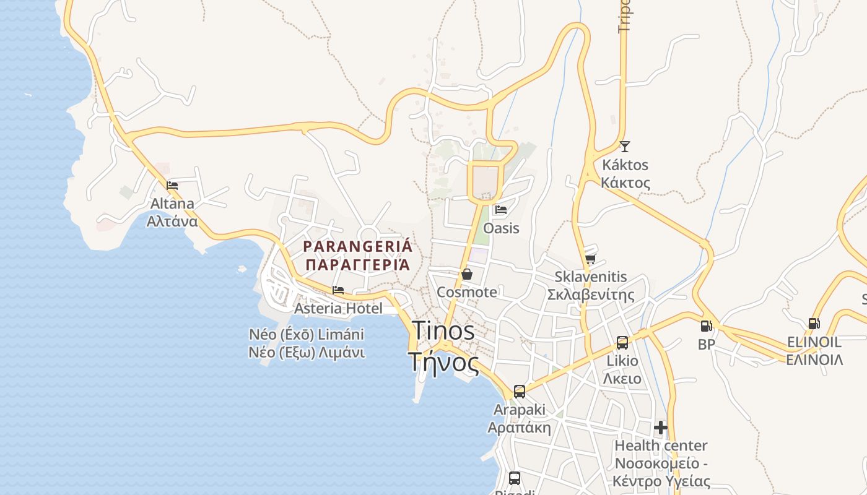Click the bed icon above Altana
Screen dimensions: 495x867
[x=172, y=185]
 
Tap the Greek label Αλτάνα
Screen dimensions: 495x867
[x=172, y=221]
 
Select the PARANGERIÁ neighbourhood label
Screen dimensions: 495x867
[x=357, y=246]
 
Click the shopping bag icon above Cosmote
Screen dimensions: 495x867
[x=467, y=274]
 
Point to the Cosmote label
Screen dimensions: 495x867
[x=467, y=292]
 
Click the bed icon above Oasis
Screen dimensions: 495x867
[x=501, y=210]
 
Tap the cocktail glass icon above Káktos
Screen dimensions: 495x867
[x=625, y=147]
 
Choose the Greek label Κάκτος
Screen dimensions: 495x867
[x=625, y=183]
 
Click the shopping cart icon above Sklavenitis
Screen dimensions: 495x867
[x=590, y=259]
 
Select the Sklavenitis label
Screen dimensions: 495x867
[x=590, y=277]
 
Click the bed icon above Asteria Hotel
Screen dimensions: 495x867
[x=338, y=290]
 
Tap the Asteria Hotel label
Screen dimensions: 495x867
[x=338, y=308]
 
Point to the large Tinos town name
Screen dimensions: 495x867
[x=443, y=330]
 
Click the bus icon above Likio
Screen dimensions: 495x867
[x=622, y=343]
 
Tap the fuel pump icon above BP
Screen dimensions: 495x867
[x=706, y=326]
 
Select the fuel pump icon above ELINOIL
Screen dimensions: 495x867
[x=814, y=324]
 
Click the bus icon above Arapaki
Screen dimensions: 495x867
[x=519, y=392]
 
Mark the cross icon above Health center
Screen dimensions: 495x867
[x=661, y=428]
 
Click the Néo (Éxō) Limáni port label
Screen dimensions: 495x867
[x=307, y=335]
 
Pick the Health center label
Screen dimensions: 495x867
[x=661, y=445]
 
